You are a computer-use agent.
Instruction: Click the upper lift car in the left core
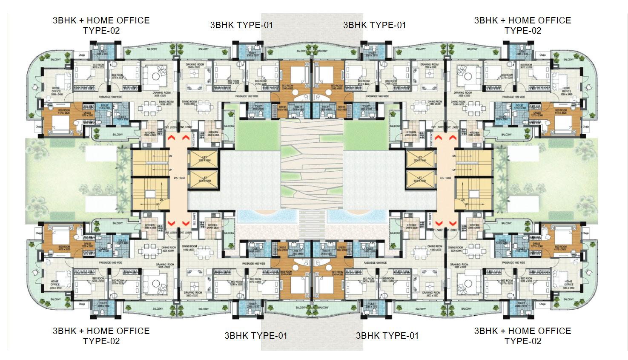click(x=203, y=159)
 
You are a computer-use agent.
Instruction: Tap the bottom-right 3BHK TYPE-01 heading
click(x=387, y=336)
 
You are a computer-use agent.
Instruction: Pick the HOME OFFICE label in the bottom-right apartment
click(x=568, y=283)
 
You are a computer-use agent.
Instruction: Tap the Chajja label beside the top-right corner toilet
click(x=542, y=55)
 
